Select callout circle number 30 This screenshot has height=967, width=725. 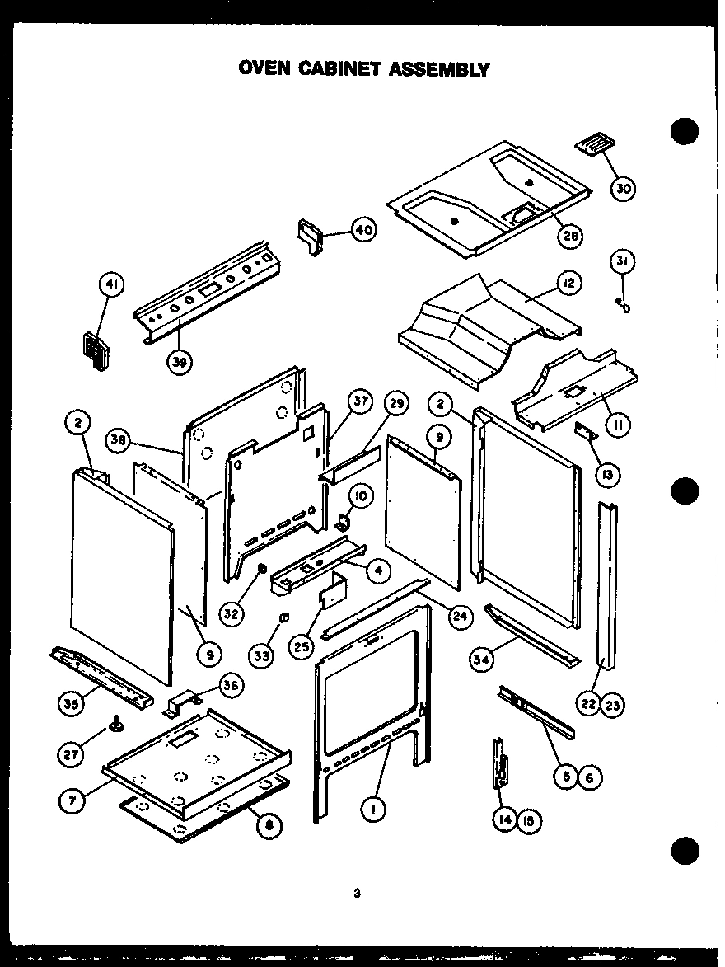pos(624,189)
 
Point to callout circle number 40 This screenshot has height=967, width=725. pos(363,230)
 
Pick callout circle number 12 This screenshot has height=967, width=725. pos(568,284)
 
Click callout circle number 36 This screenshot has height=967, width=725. pos(232,683)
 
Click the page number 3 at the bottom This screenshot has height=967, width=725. pos(357,891)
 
